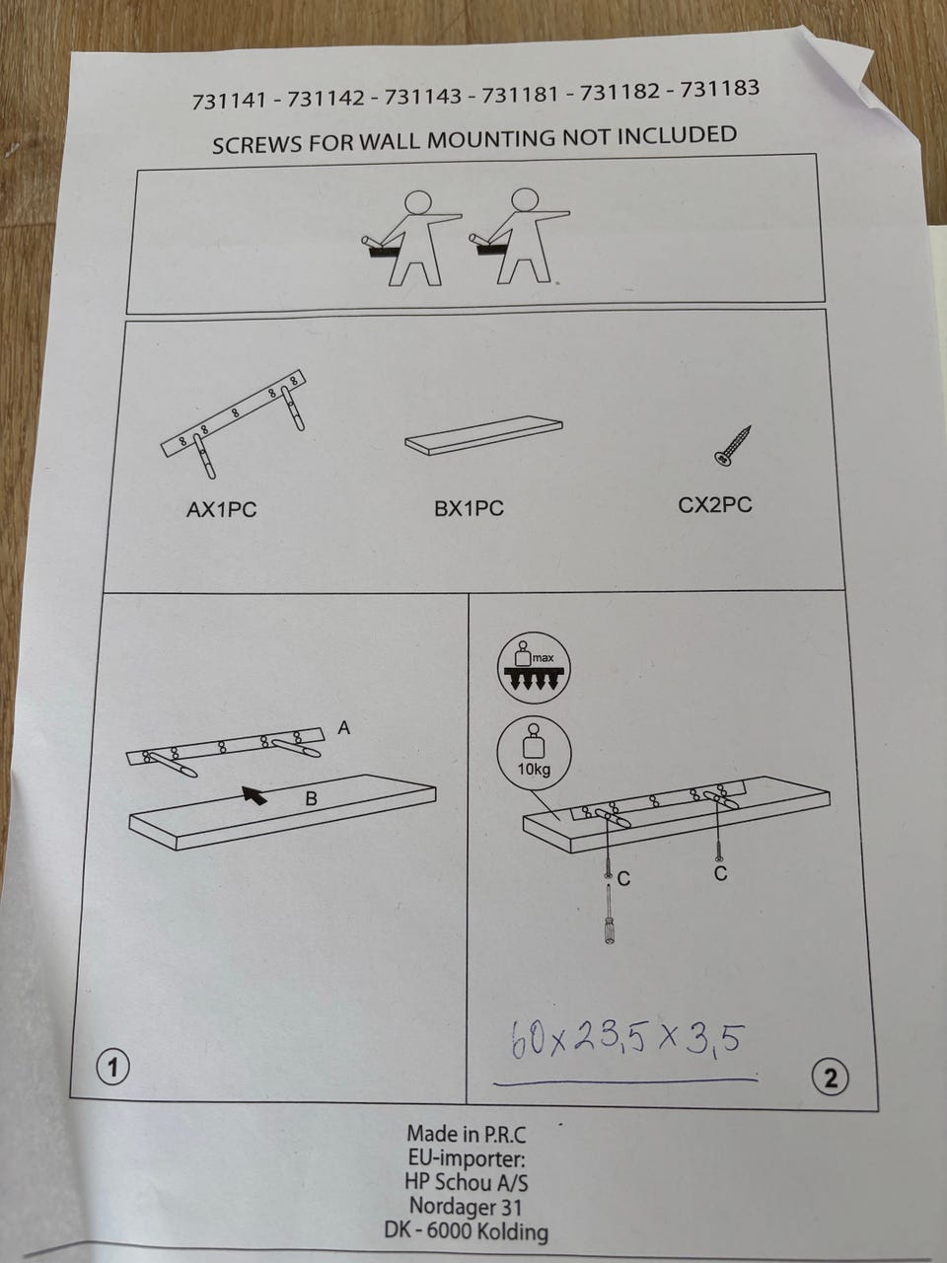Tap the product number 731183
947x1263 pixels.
[720, 89]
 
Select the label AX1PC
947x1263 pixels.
[221, 510]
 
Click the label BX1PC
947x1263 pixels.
[470, 507]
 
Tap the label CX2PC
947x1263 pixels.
[715, 505]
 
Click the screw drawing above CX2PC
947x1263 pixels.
[733, 445]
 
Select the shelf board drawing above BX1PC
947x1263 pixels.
[484, 434]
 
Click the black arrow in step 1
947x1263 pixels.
[255, 794]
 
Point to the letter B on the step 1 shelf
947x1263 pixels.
[311, 798]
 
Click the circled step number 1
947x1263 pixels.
[112, 1069]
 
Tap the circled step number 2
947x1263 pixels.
[831, 1078]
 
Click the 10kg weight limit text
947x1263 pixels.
[534, 770]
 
